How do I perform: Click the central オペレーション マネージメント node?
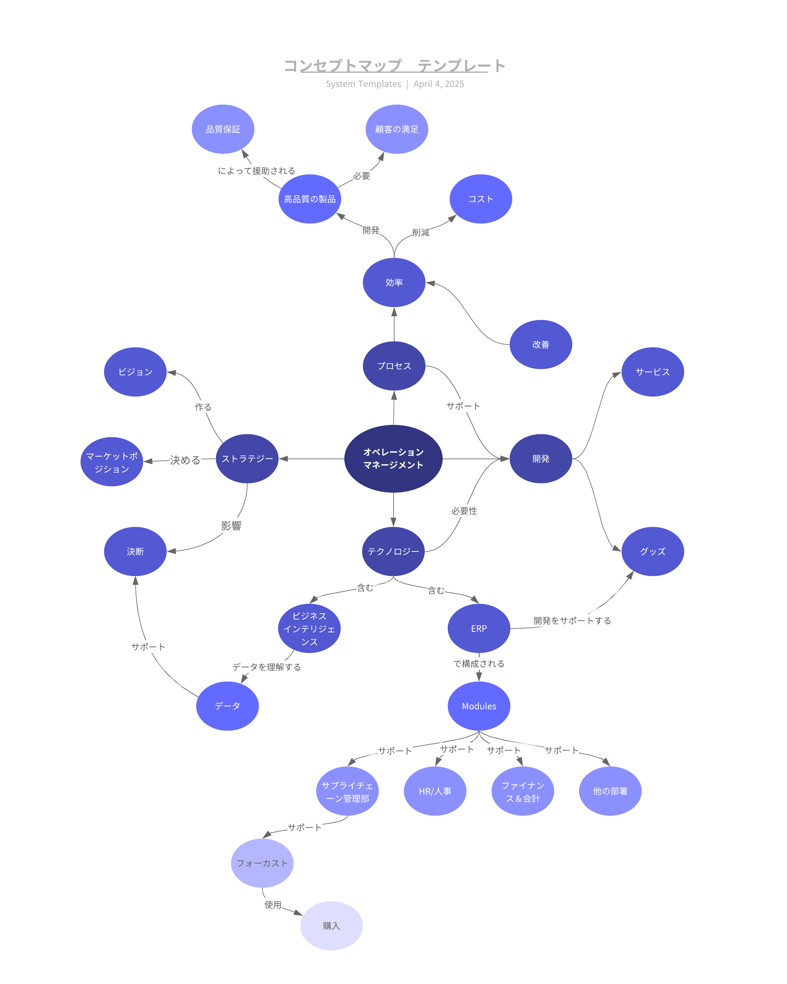click(393, 459)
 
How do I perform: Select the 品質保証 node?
click(223, 129)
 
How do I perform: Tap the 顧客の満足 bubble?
click(397, 129)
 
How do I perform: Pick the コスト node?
click(481, 199)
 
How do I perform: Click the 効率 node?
click(394, 282)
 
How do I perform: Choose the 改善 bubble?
click(541, 345)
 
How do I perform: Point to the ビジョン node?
click(135, 372)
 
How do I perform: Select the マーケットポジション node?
click(112, 462)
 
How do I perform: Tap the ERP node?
click(479, 628)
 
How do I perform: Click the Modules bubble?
click(479, 706)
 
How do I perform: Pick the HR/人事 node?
click(435, 791)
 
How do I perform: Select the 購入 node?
click(332, 926)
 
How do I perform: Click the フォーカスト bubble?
click(262, 863)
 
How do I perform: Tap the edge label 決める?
click(185, 460)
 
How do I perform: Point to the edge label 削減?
click(421, 233)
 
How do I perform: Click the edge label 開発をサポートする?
click(572, 621)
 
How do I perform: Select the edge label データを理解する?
click(267, 667)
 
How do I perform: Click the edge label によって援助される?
click(256, 171)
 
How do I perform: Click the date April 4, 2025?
click(439, 84)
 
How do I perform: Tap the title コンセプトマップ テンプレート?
click(394, 66)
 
